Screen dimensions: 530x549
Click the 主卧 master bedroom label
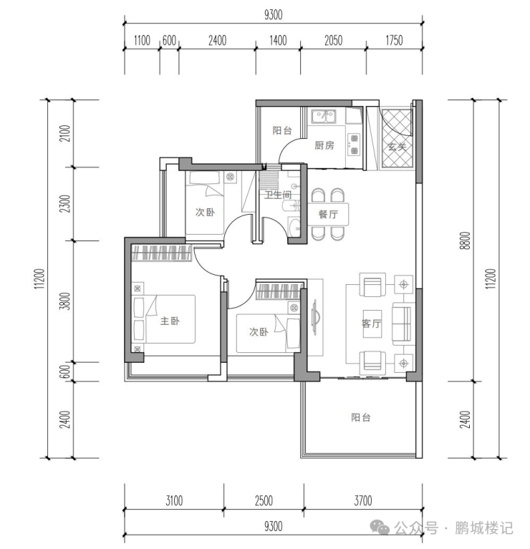pyautogui.click(x=170, y=321)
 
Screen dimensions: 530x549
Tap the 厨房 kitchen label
pyautogui.click(x=324, y=145)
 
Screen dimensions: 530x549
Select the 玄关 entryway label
pyautogui.click(x=397, y=146)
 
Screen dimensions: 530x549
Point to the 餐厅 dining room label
pyautogui.click(x=328, y=214)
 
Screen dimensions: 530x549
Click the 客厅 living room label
pyautogui.click(x=371, y=323)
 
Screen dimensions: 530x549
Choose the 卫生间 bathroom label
pyautogui.click(x=278, y=194)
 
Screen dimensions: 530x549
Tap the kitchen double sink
pyautogui.click(x=324, y=116)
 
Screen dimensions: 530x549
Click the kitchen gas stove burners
pyautogui.click(x=354, y=145)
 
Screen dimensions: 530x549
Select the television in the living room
pyautogui.click(x=315, y=317)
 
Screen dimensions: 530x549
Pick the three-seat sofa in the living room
pyautogui.click(x=402, y=324)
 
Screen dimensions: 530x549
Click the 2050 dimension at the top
pyautogui.click(x=333, y=41)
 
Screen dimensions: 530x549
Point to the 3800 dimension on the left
pyautogui.click(x=65, y=301)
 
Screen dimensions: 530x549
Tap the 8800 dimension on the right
pyautogui.click(x=466, y=241)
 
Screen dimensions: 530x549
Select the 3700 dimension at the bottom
pyautogui.click(x=363, y=500)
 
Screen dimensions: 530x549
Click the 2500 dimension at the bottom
pyautogui.click(x=264, y=500)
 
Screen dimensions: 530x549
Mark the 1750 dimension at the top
pyautogui.click(x=394, y=41)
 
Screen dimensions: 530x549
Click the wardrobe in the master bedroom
pyautogui.click(x=161, y=253)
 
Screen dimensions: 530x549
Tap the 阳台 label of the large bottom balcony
pyautogui.click(x=361, y=417)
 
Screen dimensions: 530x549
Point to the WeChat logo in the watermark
pyautogui.click(x=380, y=528)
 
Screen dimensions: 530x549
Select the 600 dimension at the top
pyautogui.click(x=169, y=41)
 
